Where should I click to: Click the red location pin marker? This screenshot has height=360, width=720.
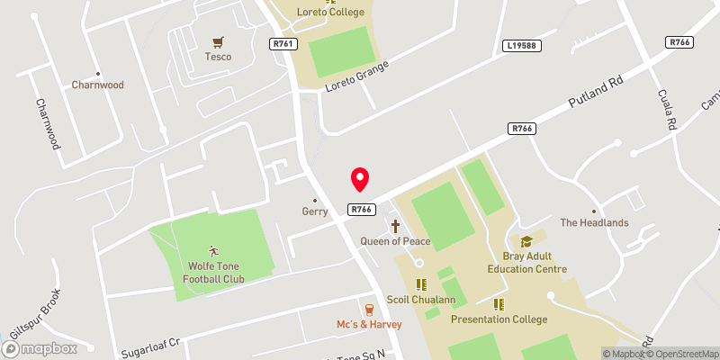[x=360, y=179]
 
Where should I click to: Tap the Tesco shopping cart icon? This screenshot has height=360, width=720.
[x=217, y=42]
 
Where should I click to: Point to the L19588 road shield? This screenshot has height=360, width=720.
[x=520, y=44]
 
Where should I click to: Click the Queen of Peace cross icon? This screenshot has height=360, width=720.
[x=395, y=226]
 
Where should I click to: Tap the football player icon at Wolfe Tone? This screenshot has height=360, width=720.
[x=213, y=251]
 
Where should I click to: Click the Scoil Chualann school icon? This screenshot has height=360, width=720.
[x=420, y=284]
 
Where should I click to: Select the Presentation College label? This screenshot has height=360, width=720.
[x=499, y=319]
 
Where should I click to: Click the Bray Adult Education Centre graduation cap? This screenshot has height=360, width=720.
[x=526, y=241]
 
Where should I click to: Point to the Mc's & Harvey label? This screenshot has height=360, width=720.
[x=369, y=324]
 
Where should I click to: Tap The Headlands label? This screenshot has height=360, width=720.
[x=594, y=222]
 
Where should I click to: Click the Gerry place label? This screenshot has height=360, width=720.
[x=314, y=212]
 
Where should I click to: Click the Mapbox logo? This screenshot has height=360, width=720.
[x=40, y=348]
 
